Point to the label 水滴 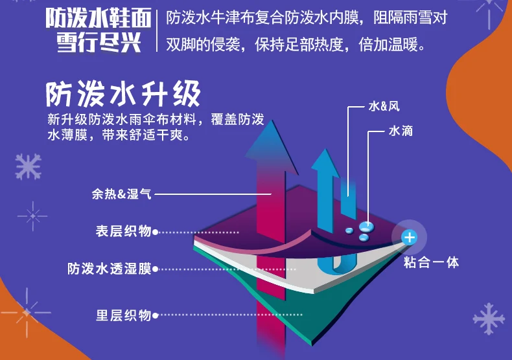coord(401,131)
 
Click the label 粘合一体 coord(431,263)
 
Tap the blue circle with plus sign coord(410,238)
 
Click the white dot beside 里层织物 coord(156,316)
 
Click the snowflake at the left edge coord(28,166)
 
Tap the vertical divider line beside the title coord(157,30)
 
